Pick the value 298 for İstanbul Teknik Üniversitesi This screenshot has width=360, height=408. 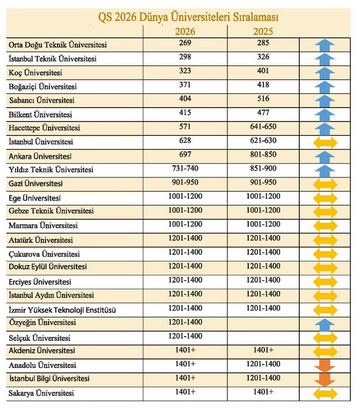pos(185,56)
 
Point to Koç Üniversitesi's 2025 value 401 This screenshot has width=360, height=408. pos(262,70)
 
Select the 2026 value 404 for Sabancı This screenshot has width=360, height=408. pos(185,99)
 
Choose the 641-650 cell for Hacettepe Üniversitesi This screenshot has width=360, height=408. pos(262,127)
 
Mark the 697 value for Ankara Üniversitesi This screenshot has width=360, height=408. pos(185,154)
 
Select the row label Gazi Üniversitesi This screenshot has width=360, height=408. pos(36,184)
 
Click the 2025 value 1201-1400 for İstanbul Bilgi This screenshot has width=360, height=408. pos(262,378)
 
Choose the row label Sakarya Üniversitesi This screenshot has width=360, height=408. pos(41,394)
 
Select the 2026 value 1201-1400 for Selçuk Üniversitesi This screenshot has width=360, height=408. pos(185,336)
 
